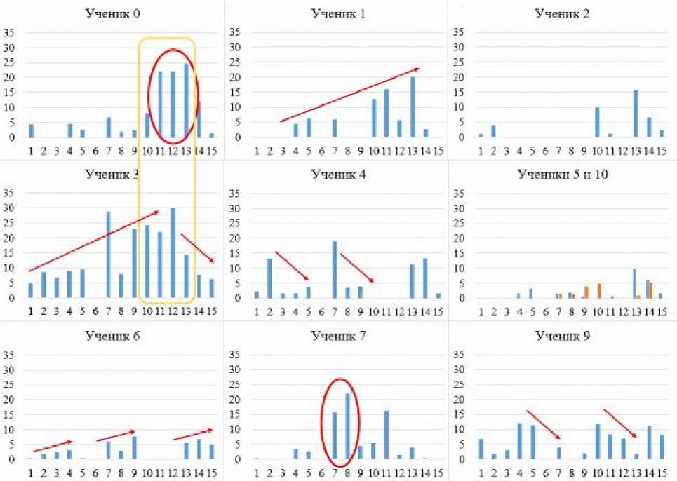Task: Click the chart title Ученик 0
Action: coord(113,13)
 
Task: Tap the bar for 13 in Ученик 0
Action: coord(186,100)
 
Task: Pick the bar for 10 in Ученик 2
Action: coord(597,122)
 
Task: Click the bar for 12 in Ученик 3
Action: coord(173,252)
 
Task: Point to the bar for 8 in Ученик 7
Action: coord(348,426)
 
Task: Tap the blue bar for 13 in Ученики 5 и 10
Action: coord(634,283)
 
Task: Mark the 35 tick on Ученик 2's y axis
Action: coord(461,32)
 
